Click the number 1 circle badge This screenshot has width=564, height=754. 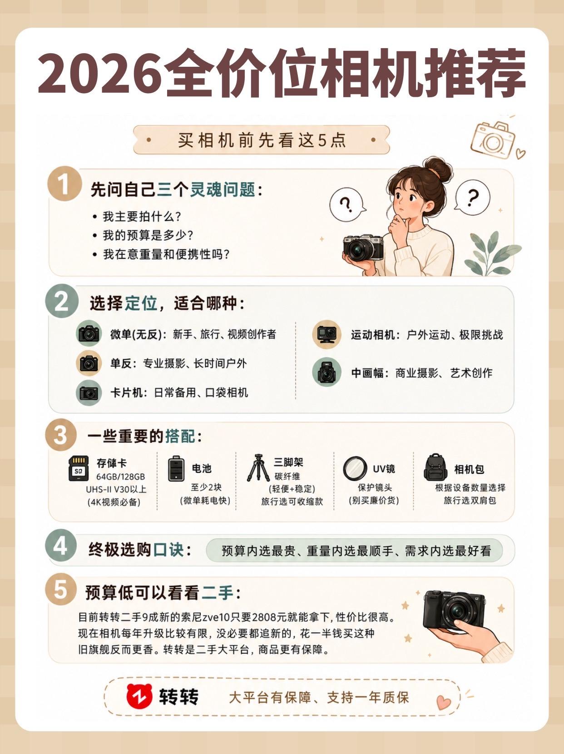[x=64, y=184]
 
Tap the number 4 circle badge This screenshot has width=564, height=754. [x=61, y=546]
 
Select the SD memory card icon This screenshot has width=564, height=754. [x=78, y=469]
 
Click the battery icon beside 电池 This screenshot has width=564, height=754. [x=176, y=469]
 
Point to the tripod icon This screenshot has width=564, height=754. [x=258, y=467]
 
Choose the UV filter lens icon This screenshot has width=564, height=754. [x=355, y=469]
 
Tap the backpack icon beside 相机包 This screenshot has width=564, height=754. [x=435, y=467]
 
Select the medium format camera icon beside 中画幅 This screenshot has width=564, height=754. [x=327, y=373]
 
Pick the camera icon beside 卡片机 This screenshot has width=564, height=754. [x=89, y=393]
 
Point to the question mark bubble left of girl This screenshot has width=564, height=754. [x=347, y=205]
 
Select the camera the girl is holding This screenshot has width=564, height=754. [x=363, y=248]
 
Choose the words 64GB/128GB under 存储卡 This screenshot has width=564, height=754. [x=120, y=477]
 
